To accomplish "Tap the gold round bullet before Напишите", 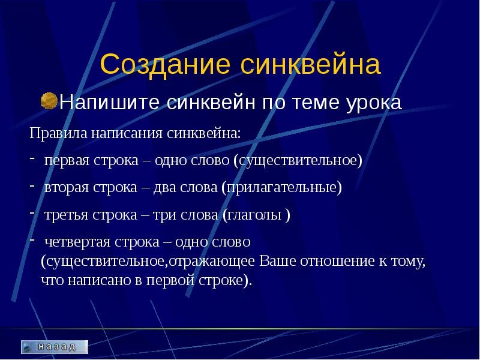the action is coord(49,101).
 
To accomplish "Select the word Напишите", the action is coord(109,102).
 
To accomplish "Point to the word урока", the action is coord(374,103).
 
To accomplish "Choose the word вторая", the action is coord(67,188).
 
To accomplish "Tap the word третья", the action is coord(67,215).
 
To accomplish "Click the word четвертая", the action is coord(77,242).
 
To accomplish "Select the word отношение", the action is coord(338,262).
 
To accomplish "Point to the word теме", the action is coord(316,103).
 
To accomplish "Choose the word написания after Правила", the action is coord(127,134).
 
